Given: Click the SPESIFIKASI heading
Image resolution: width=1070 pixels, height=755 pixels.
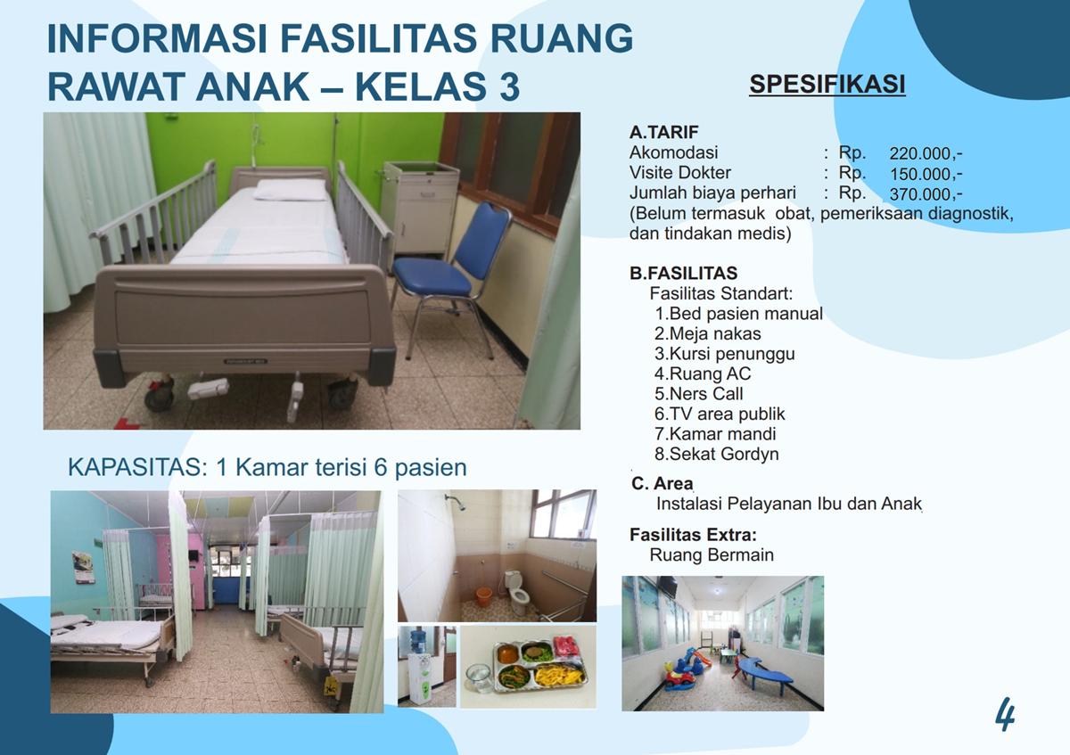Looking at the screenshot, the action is pyautogui.click(x=827, y=84).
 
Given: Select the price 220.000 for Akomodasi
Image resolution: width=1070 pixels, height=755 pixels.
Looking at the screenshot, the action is pyautogui.click(x=926, y=154).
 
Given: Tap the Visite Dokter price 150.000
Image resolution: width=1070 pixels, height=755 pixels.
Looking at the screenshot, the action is pyautogui.click(x=926, y=175).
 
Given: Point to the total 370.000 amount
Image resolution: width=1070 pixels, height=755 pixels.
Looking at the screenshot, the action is pyautogui.click(x=926, y=195).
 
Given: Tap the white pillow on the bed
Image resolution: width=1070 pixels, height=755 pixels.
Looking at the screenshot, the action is pyautogui.click(x=290, y=190).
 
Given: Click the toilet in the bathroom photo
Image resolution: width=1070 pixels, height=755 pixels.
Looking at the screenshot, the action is pyautogui.click(x=517, y=592).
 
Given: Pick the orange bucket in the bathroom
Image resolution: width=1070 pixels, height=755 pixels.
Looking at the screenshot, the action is pyautogui.click(x=484, y=596).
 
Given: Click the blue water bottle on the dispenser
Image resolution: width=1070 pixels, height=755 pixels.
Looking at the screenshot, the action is pyautogui.click(x=418, y=641).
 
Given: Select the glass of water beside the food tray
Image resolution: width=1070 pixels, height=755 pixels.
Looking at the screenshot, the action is pyautogui.click(x=479, y=677).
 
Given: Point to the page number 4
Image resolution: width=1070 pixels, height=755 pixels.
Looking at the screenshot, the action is pyautogui.click(x=1006, y=714).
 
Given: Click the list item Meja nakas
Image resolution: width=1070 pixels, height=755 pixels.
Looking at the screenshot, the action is pyautogui.click(x=707, y=333).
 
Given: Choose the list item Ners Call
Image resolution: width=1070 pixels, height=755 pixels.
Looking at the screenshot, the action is pyautogui.click(x=698, y=394).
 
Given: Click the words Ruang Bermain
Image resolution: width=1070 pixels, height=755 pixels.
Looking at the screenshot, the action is pyautogui.click(x=712, y=555).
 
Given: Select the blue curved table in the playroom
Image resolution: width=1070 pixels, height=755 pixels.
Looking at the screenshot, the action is pyautogui.click(x=761, y=672).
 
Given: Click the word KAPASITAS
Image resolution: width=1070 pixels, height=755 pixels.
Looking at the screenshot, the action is pyautogui.click(x=137, y=467).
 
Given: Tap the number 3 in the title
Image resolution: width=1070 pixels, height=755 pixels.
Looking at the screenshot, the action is pyautogui.click(x=509, y=87).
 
